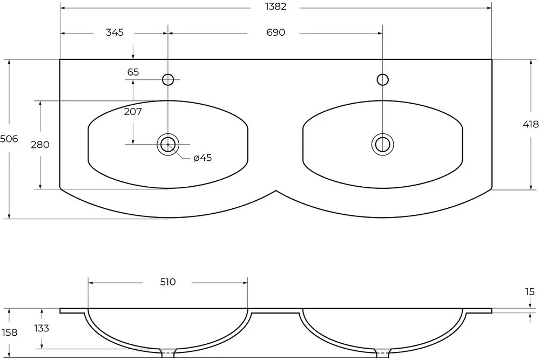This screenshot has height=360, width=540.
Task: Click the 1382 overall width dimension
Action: (x=275, y=6)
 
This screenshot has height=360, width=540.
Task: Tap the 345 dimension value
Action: (x=114, y=32)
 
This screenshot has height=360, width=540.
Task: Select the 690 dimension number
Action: (x=276, y=32)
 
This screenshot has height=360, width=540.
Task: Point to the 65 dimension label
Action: (x=133, y=72)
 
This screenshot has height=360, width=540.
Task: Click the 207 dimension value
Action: (x=133, y=112)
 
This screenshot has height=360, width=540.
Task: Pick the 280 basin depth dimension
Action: (x=40, y=145)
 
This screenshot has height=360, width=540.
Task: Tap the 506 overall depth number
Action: (x=9, y=139)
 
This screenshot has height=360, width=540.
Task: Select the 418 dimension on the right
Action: (x=531, y=124)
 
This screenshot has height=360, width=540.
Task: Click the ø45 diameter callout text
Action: (x=202, y=158)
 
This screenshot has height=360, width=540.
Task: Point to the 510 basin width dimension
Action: (x=168, y=282)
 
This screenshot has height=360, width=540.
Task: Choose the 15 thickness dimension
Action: (x=530, y=292)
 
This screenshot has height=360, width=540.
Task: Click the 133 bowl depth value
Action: (x=42, y=328)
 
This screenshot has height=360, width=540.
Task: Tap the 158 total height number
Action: (x=9, y=332)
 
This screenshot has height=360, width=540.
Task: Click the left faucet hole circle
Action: (x=168, y=74)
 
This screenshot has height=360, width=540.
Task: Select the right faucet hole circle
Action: (x=383, y=74)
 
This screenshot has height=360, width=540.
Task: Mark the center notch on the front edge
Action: (x=276, y=191)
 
